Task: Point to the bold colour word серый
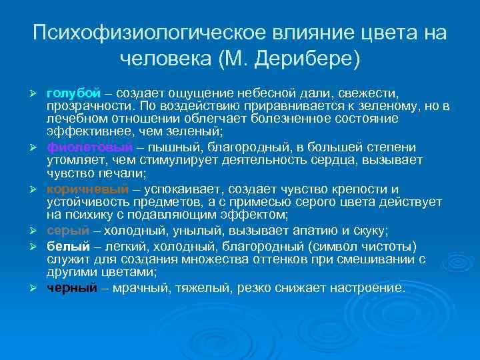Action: click(x=67, y=231)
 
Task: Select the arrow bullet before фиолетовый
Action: click(x=37, y=147)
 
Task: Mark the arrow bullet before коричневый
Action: click(x=37, y=189)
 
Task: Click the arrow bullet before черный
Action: click(x=37, y=289)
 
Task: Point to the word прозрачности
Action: click(x=84, y=107)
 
